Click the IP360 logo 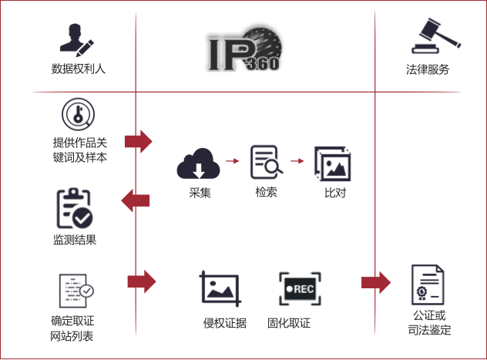coord(245,49)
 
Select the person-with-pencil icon coord(77,40)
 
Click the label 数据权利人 coord(79,69)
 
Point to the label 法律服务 coord(428,69)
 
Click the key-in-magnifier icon coord(78,114)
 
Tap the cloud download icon coord(199,163)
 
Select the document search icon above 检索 coord(267,162)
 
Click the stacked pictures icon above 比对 coord(333,163)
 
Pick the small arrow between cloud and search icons coord(232,161)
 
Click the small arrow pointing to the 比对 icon coord(297,161)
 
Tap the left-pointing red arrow coord(136,200)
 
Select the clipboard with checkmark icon coord(75,208)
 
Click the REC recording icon coord(300,289)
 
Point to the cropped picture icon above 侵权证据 coord(220,288)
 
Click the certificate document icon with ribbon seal coord(428,284)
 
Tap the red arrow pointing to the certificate coord(376,282)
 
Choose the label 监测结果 coord(75,240)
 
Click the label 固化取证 coord(289,323)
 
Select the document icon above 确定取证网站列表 coord(76,291)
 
